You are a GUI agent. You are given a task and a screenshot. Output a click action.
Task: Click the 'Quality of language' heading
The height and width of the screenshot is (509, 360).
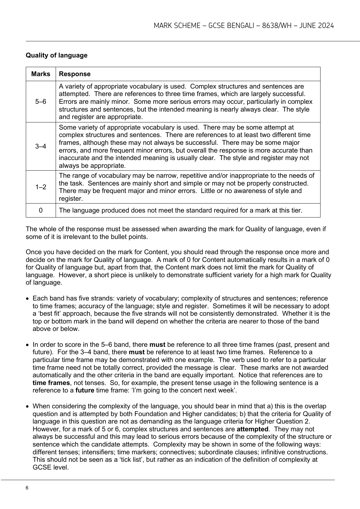tap(57, 55)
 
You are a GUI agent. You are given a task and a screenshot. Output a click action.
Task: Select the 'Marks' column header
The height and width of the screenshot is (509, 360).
tap(41, 74)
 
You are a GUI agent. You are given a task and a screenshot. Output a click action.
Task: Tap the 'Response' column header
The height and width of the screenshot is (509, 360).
tap(75, 74)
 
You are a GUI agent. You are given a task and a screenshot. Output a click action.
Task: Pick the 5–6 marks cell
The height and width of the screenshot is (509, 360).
tap(41, 102)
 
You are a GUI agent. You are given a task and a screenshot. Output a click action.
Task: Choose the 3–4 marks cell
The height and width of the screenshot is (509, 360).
tap(41, 146)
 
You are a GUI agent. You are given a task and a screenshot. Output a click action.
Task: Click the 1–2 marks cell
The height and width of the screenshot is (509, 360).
tap(41, 187)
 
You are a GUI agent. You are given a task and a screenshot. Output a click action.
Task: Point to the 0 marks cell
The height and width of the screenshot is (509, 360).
tap(41, 210)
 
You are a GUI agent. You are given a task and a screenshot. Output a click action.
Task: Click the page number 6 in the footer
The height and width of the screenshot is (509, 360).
tap(27, 488)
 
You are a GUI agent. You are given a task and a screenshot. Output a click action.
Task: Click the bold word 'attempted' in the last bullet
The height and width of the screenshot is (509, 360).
tap(252, 429)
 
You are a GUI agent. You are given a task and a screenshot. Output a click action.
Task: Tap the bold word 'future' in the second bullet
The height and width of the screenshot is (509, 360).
tap(85, 391)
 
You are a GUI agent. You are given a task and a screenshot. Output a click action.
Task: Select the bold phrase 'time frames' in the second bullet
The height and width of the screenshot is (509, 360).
tap(51, 383)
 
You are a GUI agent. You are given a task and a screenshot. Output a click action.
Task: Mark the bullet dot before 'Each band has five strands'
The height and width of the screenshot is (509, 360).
tap(28, 299)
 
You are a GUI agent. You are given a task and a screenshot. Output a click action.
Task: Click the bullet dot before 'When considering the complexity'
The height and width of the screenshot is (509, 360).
tap(28, 406)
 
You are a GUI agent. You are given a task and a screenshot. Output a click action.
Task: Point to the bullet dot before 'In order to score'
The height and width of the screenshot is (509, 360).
tap(28, 345)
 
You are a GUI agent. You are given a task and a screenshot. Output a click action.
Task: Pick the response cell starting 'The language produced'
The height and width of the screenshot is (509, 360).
tap(180, 210)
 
